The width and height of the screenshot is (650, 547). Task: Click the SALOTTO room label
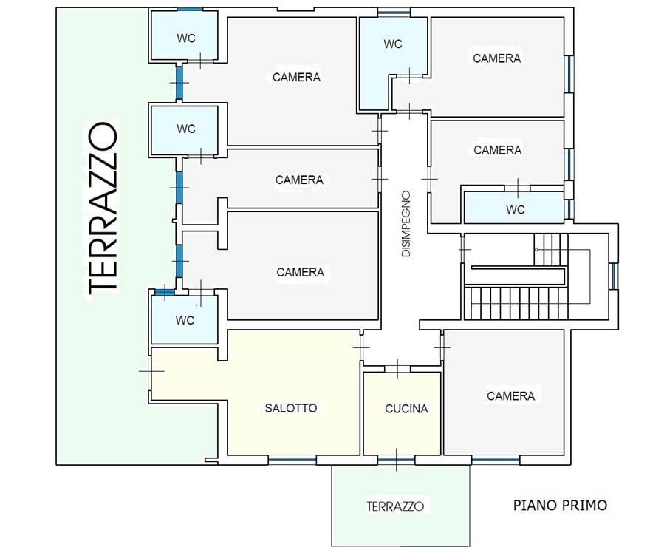[291, 408]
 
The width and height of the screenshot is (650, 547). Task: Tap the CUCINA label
[406, 409]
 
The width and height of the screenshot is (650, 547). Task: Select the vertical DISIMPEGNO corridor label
[406, 224]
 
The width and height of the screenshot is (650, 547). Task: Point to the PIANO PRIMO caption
[560, 505]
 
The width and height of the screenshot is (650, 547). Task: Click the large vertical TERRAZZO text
[103, 208]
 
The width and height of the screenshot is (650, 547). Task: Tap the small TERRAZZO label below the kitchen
[395, 506]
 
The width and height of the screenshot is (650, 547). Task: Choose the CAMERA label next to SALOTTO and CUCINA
[510, 396]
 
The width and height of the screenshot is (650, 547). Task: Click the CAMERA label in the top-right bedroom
[496, 58]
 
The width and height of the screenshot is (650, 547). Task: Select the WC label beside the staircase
[516, 210]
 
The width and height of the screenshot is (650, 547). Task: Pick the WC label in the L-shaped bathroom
[392, 44]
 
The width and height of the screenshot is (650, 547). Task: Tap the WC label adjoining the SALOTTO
[185, 320]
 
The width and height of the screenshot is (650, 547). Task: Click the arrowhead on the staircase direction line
[536, 250]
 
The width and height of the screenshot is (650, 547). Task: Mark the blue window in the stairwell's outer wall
[614, 276]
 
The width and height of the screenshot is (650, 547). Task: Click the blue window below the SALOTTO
[292, 460]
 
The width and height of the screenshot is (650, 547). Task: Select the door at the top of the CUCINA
[397, 369]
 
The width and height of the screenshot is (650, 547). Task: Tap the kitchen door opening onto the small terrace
[397, 460]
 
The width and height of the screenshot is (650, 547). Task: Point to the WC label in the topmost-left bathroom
[185, 38]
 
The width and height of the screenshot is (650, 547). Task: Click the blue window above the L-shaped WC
[394, 13]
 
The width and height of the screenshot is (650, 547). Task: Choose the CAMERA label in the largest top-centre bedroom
[296, 77]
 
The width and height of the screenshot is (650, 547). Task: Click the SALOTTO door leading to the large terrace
[151, 371]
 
